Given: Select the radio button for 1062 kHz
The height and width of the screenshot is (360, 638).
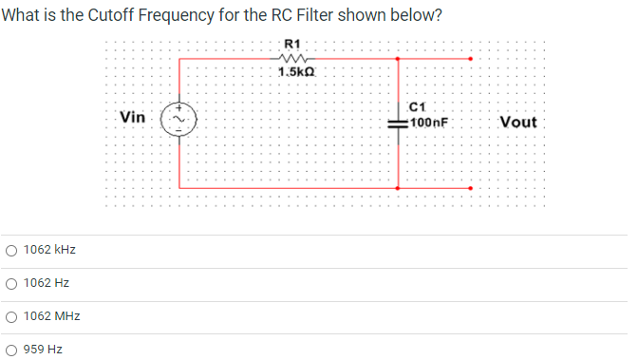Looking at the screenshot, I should pos(10,250).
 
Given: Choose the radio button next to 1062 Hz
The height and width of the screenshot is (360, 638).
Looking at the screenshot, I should pos(10,283).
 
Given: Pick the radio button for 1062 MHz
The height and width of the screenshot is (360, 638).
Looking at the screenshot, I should pos(10,316).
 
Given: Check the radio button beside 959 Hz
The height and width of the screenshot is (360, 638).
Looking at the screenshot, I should pos(10,350).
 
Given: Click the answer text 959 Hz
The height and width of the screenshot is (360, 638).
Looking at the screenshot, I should pos(43,350).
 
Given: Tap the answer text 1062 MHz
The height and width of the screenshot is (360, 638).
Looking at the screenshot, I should pos(51,316).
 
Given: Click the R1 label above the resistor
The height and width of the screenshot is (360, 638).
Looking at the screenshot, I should pos(292,43).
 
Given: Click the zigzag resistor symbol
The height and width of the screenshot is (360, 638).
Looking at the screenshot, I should pos(291,58).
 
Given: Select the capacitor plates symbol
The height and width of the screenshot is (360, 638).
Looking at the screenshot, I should pos(398,123).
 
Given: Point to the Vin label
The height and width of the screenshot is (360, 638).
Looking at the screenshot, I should pos(133,118).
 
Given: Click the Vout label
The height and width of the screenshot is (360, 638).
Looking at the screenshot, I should pos(517,123).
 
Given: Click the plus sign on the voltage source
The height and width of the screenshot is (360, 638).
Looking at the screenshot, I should pos(176,109).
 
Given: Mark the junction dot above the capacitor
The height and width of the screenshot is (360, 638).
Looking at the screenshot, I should pos(398,58).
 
